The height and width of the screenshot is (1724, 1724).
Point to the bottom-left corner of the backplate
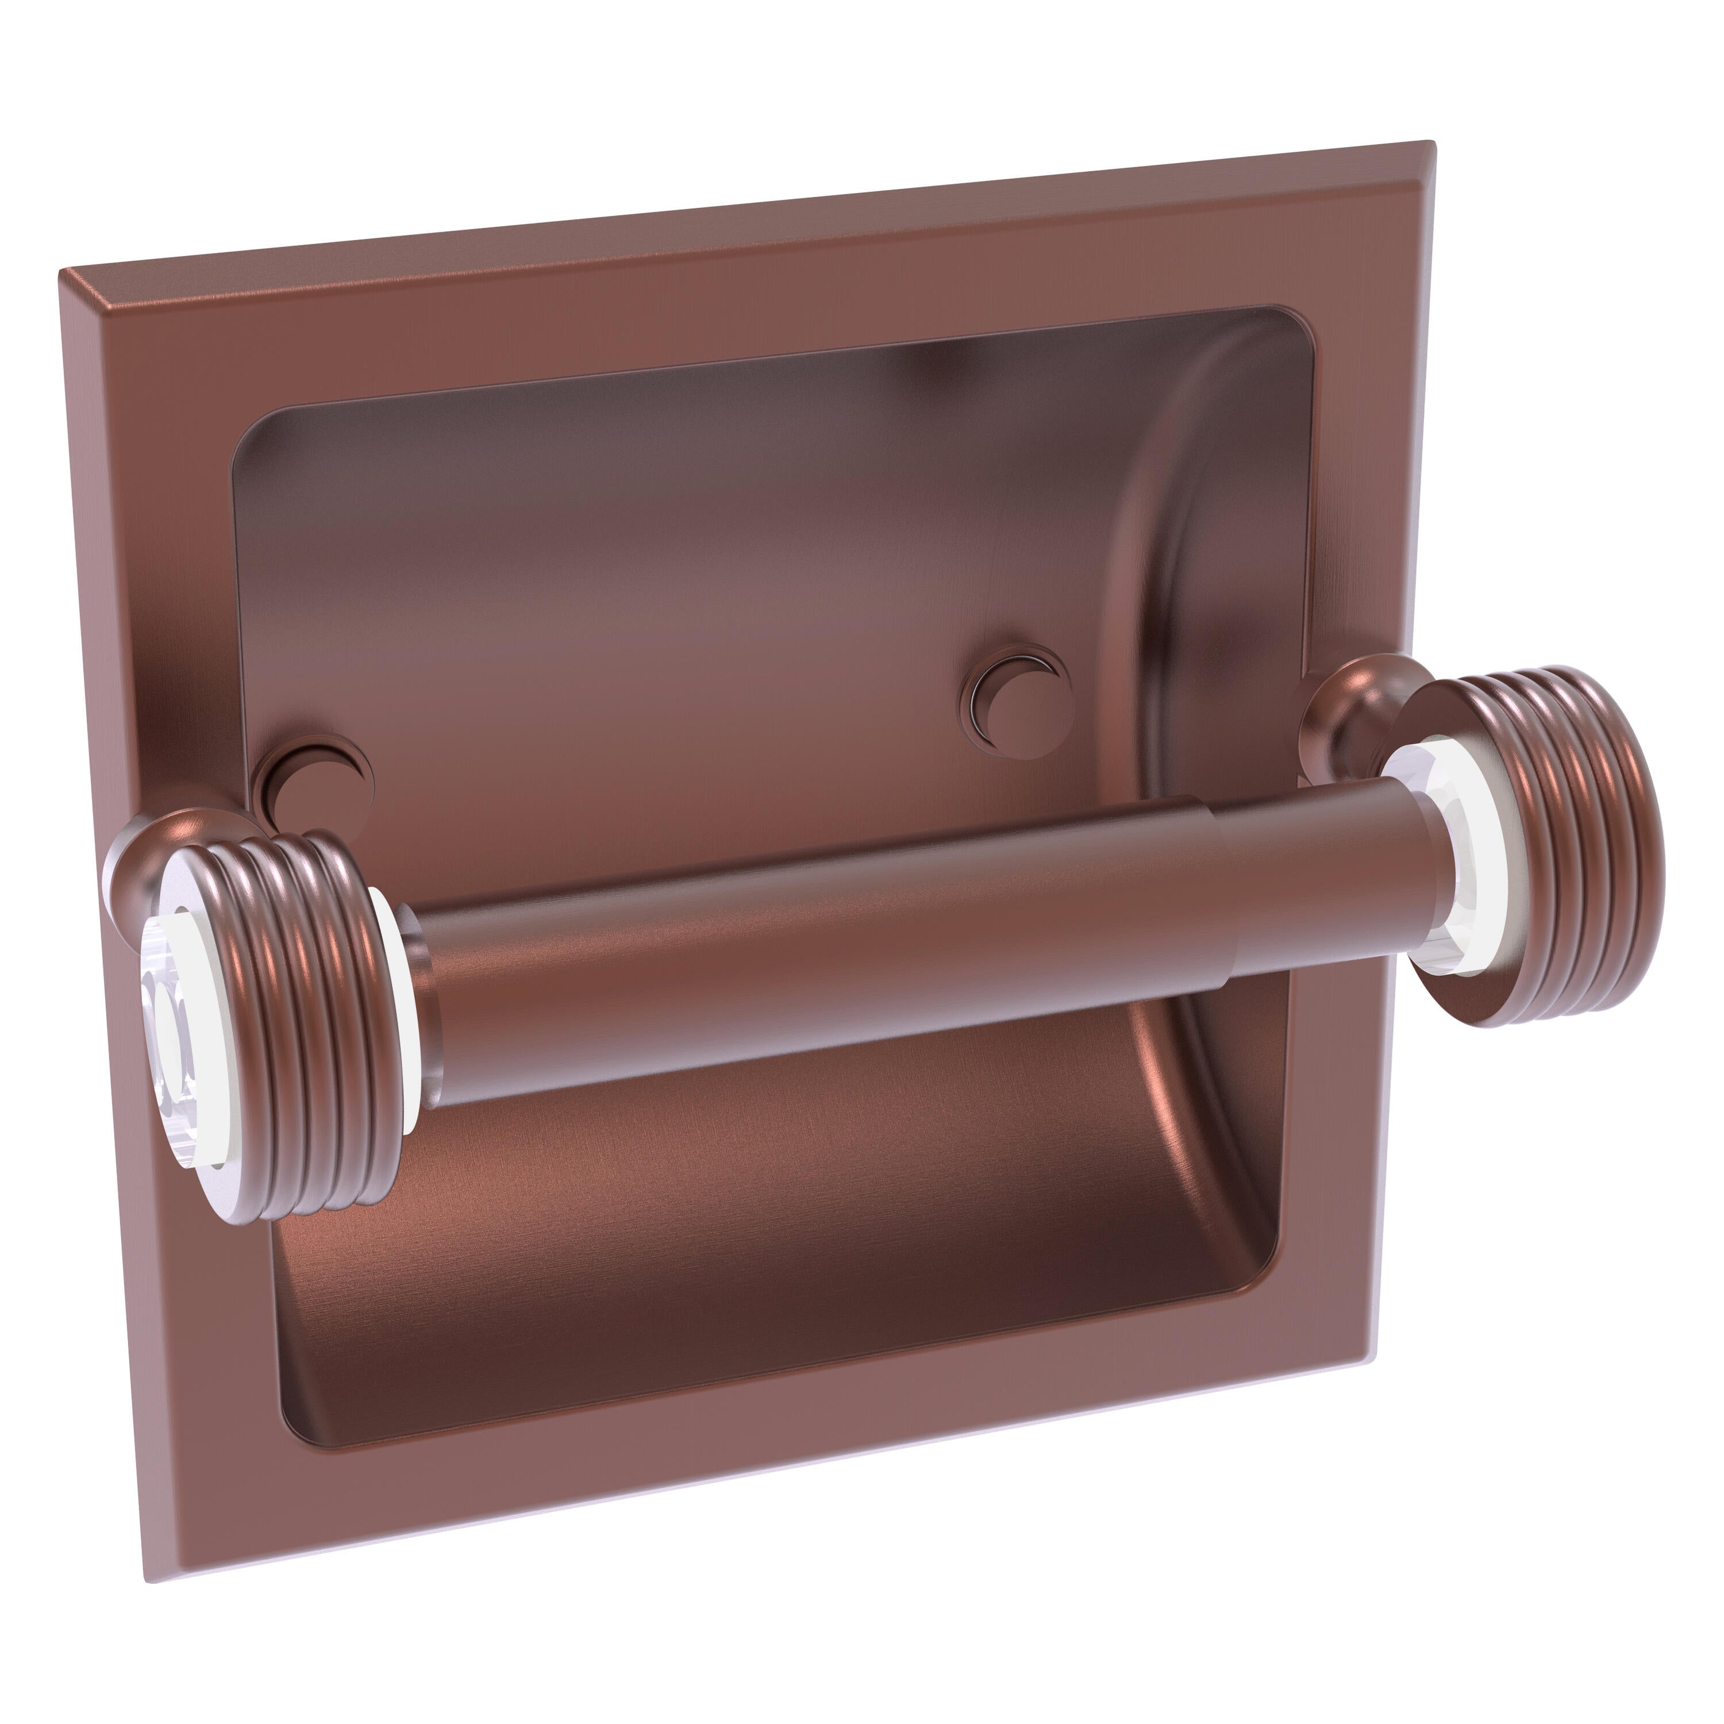[147, 1579]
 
